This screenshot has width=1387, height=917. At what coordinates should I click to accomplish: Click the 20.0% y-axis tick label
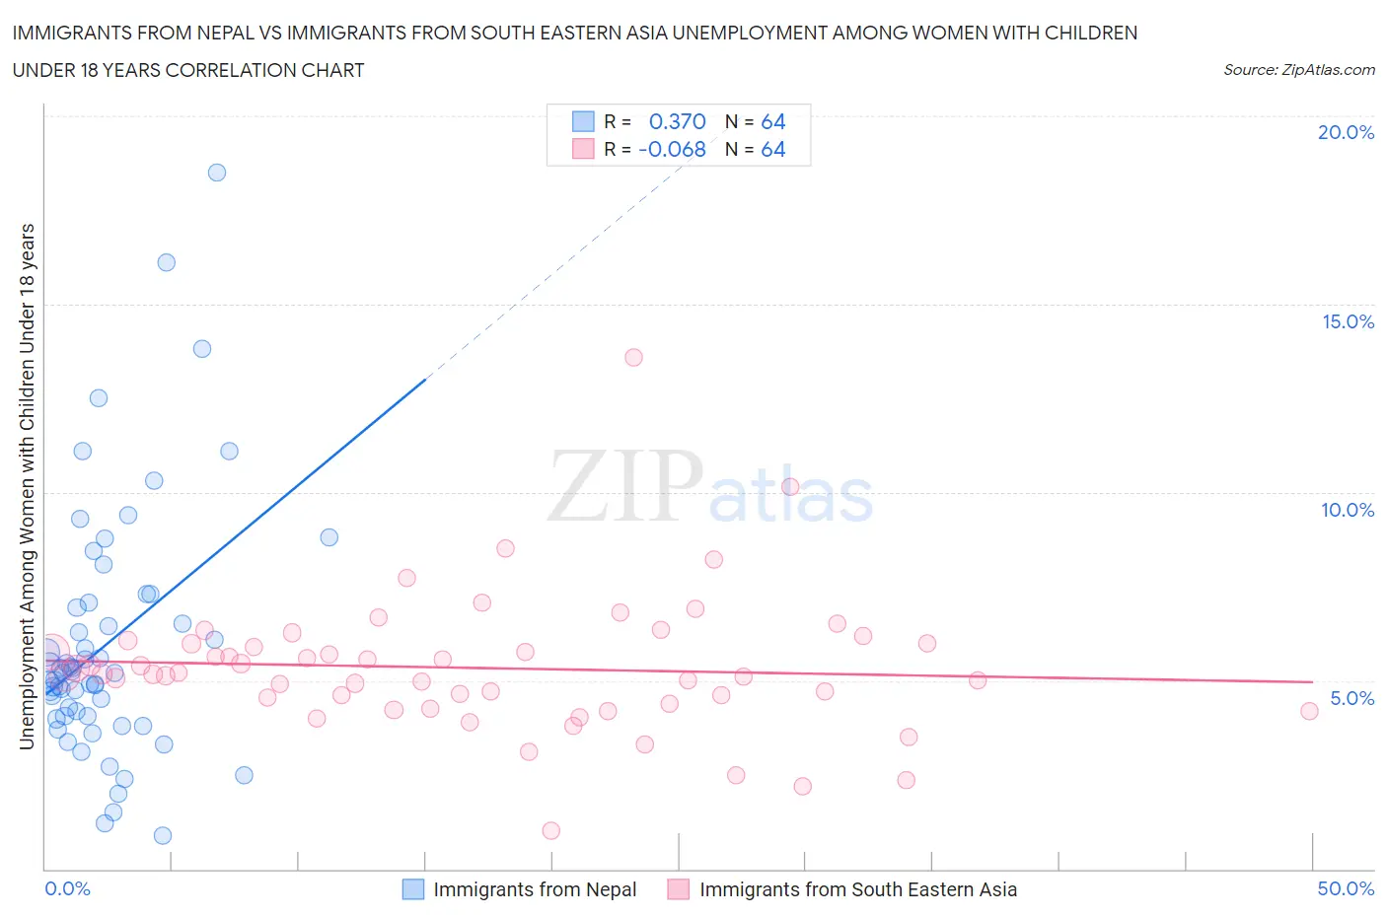coord(1346,132)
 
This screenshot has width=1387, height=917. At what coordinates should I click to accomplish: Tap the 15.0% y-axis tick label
coord(1348,321)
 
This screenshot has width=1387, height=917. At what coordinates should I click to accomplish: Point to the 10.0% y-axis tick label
coord(1348,510)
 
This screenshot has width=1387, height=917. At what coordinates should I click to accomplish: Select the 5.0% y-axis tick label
coord(1351,698)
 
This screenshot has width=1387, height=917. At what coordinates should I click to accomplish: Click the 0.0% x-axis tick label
coord(67,888)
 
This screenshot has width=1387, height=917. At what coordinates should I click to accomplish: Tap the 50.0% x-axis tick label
coord(1346,888)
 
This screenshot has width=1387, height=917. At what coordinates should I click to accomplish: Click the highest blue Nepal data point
coord(217,173)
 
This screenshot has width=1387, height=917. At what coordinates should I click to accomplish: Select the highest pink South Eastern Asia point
coord(633,357)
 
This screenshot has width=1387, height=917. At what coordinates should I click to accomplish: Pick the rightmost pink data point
coord(1309,711)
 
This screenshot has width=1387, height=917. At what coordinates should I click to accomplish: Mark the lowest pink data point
coord(551,830)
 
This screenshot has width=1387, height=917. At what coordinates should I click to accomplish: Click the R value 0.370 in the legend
coord(677,121)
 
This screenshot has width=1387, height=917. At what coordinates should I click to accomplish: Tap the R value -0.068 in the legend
coord(672,149)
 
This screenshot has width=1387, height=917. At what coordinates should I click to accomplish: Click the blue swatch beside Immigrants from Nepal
coord(413,889)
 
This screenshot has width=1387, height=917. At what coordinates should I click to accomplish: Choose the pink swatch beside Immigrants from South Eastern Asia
coord(678,889)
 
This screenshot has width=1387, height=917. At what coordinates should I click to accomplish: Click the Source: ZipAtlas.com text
coord(1298,70)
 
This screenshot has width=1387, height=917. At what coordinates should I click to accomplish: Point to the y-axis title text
coord(27,486)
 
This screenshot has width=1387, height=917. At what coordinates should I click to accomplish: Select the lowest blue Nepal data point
coord(163,835)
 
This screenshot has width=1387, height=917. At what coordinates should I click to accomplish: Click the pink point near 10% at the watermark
coord(790,486)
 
